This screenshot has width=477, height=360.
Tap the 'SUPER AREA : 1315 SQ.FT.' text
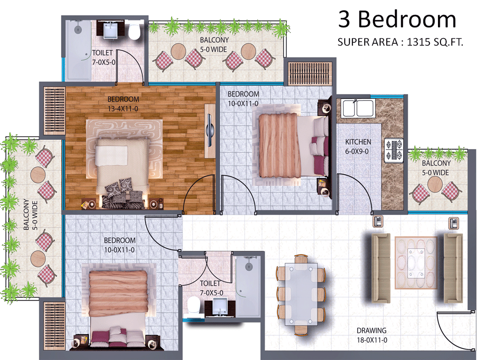[400, 42]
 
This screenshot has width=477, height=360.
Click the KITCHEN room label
[358, 142]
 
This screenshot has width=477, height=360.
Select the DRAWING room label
[372, 330]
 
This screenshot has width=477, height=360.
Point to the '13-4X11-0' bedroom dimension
[123, 108]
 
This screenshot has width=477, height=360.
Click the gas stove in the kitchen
[394, 150]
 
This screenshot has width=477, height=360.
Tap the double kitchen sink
[357, 108]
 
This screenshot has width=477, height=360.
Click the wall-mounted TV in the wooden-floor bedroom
[209, 131]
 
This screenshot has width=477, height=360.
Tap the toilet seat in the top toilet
[134, 31]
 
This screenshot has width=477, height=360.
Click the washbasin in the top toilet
[111, 30]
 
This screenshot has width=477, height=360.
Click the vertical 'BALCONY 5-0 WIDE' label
[30, 214]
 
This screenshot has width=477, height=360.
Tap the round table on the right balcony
[435, 184]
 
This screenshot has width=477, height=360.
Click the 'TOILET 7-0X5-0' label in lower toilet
[211, 288]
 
